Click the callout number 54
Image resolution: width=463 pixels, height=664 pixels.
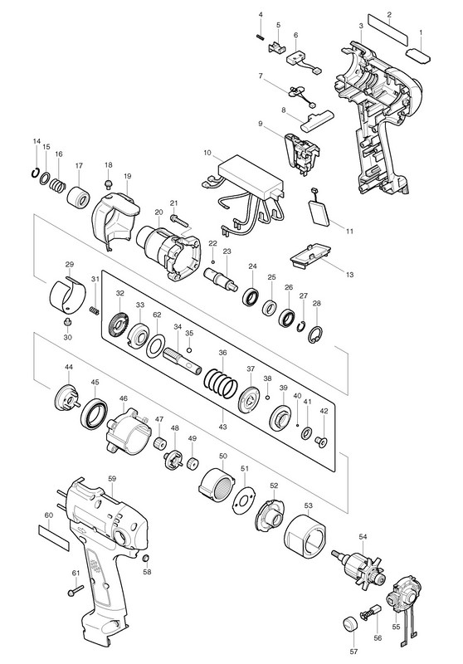point(363,536)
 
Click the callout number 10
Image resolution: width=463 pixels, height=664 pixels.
point(207,153)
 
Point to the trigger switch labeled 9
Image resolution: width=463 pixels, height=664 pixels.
point(303,154)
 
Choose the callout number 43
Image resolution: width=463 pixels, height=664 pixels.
point(222,426)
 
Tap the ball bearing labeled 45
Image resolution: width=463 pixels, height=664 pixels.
point(94,412)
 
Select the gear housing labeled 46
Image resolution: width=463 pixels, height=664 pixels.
point(129,431)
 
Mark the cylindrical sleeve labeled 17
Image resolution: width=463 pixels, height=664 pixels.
point(79,198)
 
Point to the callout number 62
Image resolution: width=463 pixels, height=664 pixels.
point(157,315)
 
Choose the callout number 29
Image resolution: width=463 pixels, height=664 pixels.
point(70,264)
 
